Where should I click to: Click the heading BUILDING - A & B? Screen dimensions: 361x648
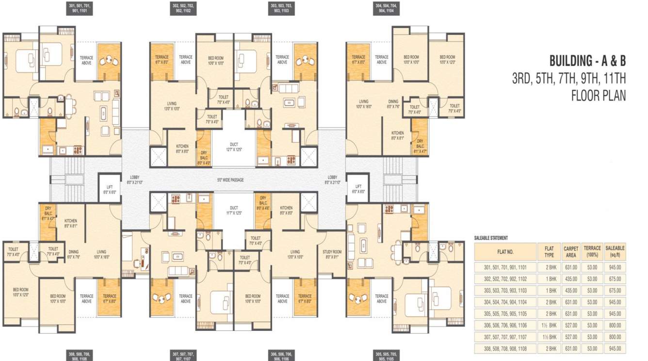(x=587, y=61)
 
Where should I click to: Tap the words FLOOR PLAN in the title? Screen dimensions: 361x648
(x=599, y=96)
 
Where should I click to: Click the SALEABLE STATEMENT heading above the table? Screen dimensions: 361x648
(x=491, y=238)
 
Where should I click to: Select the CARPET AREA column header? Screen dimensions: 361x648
(x=571, y=251)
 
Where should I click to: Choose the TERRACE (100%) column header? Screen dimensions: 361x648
(x=592, y=251)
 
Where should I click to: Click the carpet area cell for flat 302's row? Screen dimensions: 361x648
(x=571, y=279)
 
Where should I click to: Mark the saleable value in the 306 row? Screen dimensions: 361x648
(x=615, y=326)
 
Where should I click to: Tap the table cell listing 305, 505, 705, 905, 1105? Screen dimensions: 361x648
(x=505, y=314)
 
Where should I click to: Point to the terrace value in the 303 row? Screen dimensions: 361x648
(x=592, y=291)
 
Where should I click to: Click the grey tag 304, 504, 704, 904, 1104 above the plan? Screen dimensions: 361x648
(x=386, y=8)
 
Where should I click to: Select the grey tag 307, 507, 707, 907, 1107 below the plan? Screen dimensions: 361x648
(x=183, y=357)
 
